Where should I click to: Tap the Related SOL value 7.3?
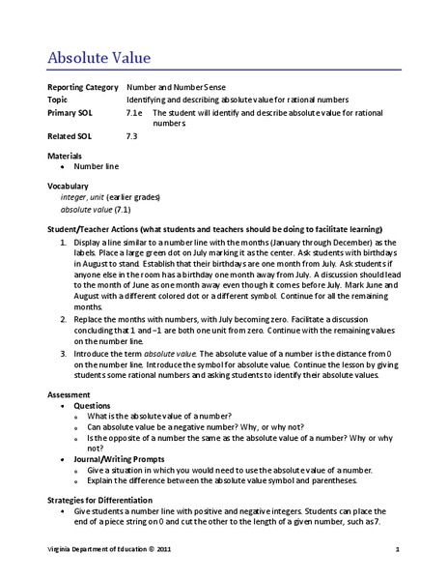pyautogui.click(x=132, y=136)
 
